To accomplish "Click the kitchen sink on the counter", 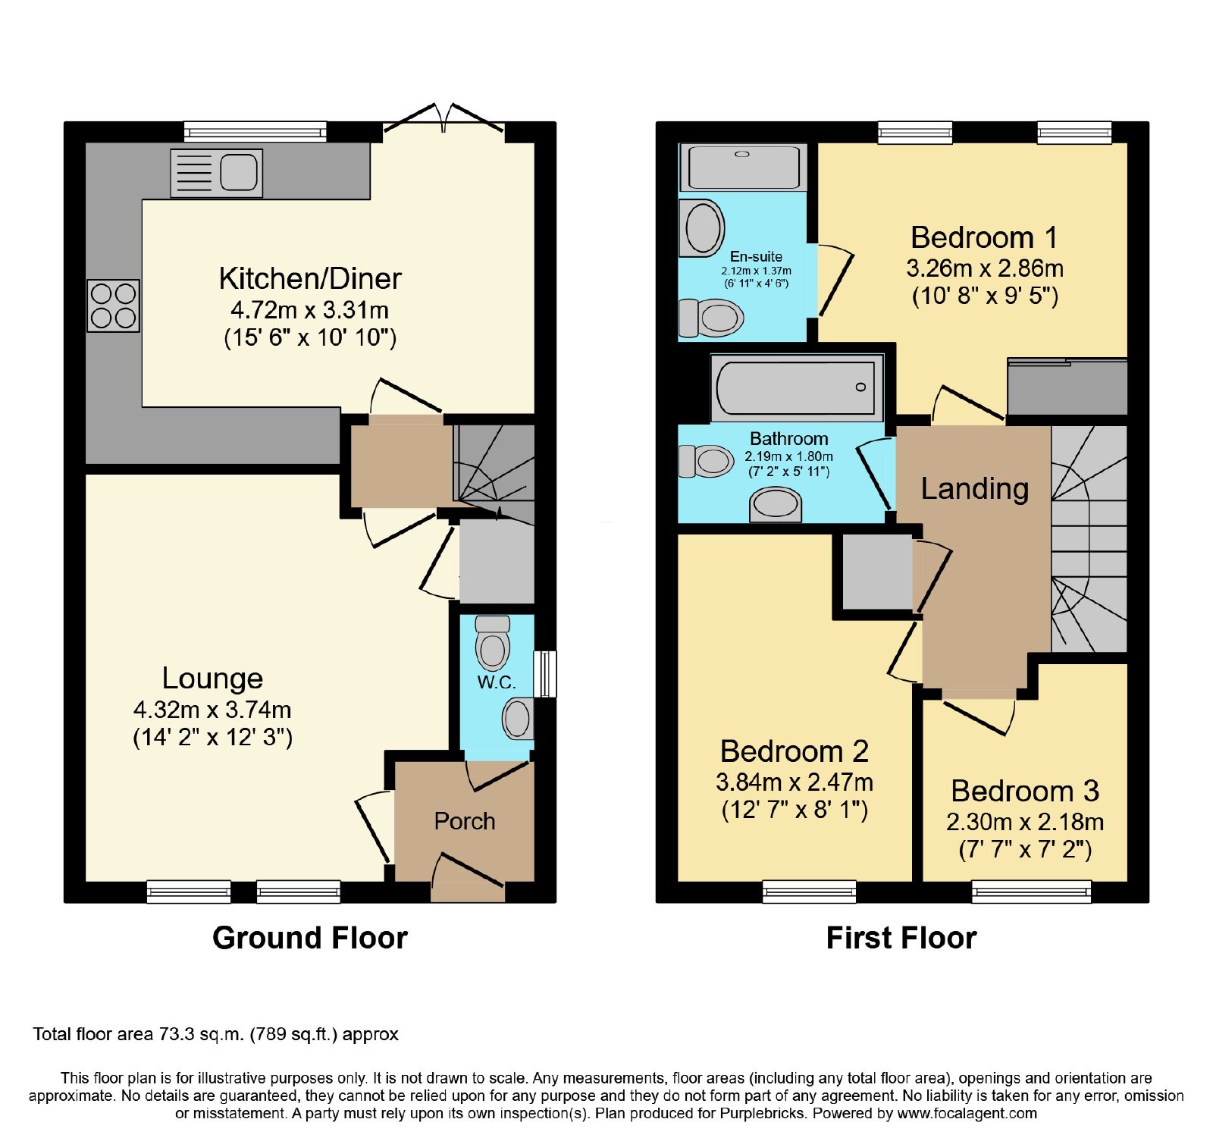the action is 216,173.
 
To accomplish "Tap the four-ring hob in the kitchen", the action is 114,306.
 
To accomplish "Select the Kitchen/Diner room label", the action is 310,278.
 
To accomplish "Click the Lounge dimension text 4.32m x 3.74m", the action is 212,710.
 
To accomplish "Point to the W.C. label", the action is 497,682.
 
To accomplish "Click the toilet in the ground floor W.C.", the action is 493,642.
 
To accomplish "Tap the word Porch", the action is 465,821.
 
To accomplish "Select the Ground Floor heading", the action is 310,938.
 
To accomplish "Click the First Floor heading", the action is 901,938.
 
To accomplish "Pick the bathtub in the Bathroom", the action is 797,387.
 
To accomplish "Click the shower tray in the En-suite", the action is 744,167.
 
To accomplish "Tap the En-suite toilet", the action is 710,318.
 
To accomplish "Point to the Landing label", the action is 975,489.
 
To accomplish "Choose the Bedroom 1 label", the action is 984,237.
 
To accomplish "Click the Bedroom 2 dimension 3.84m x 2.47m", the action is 795,782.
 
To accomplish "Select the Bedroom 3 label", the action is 1025,791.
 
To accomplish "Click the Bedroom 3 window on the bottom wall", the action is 1032,892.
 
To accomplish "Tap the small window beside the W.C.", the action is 545,673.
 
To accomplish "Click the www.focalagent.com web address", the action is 967,1114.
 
